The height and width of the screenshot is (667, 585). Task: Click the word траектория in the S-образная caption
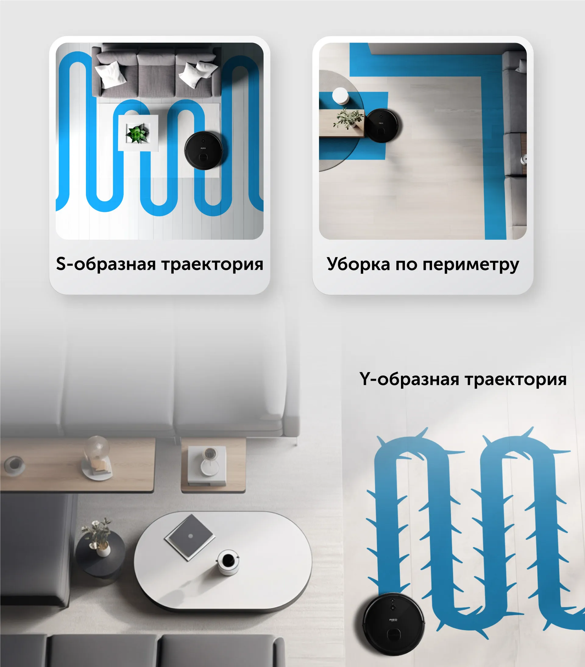coord(213,264)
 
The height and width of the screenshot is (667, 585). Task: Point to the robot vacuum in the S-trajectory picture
coord(204,150)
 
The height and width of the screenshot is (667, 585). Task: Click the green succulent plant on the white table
coord(138,133)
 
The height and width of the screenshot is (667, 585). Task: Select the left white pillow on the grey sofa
coord(110,75)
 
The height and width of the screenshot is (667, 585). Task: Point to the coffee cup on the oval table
coord(228,562)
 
